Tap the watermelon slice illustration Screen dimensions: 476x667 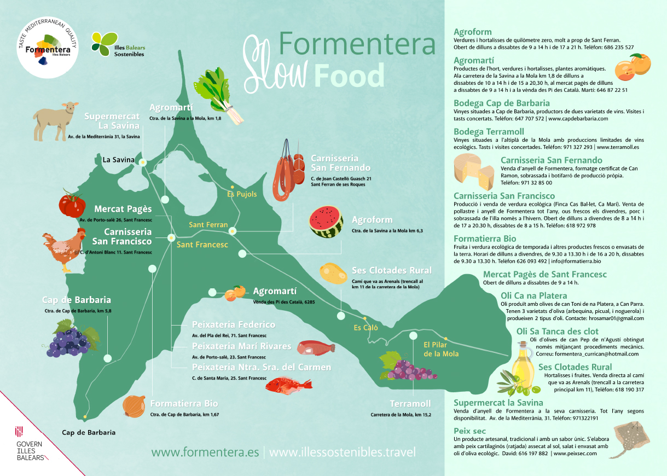[326, 222]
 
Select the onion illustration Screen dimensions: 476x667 [134, 406]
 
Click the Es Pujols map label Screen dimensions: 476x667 [242, 194]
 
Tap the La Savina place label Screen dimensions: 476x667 [118, 160]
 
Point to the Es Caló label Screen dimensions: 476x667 [366, 328]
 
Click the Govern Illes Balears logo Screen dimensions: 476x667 [30, 443]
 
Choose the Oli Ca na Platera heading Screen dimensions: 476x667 [533, 296]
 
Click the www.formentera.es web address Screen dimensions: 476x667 [205, 452]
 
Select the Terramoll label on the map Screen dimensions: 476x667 [410, 404]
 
